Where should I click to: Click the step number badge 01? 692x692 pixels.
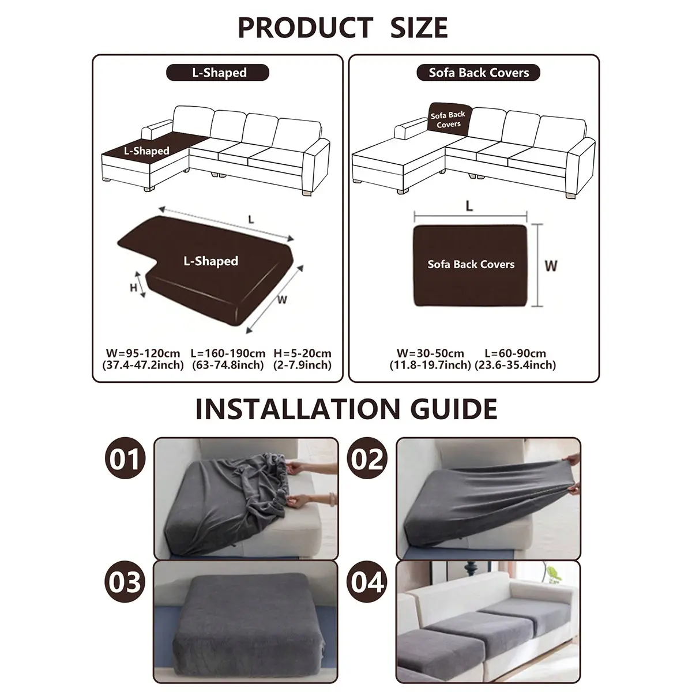pos(125,458)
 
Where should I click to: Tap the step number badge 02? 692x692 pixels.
pos(367,458)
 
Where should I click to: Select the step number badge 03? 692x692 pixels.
pos(125,582)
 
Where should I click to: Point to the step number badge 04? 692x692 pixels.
pos(367,582)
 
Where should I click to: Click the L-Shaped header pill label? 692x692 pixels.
pos(217,73)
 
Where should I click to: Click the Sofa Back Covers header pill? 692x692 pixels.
pos(478,73)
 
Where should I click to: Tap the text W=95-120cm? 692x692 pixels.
pos(143,353)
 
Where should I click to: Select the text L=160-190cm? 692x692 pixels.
pos(228,353)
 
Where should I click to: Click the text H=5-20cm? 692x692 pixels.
pos(302,353)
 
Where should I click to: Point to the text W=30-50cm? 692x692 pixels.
pos(430,353)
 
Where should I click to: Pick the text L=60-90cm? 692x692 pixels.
pos(516,353)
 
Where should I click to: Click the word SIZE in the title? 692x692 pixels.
pos(419,28)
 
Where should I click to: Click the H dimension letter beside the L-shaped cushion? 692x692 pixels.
pos(134,288)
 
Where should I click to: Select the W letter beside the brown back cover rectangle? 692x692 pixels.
pos(551,266)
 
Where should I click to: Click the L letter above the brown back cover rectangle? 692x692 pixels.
pos(469,206)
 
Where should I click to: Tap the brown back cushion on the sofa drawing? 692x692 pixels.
pos(449,119)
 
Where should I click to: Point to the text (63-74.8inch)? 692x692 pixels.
pos(228,365)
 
